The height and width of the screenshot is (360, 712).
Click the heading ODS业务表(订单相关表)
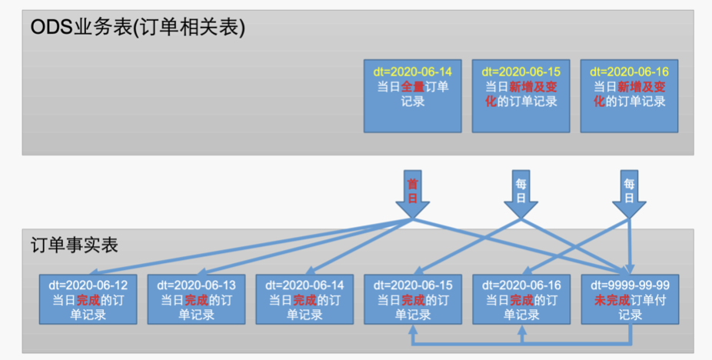[138, 28]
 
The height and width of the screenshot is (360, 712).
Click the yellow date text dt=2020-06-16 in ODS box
[629, 72]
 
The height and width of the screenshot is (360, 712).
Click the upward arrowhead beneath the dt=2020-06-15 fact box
[413, 329]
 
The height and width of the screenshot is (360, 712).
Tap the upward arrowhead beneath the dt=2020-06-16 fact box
[521, 329]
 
